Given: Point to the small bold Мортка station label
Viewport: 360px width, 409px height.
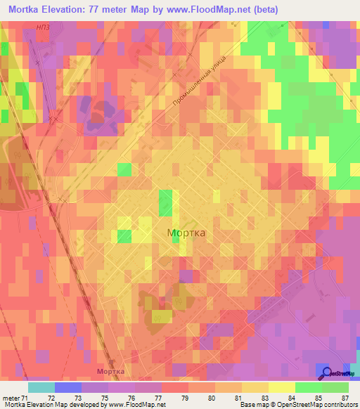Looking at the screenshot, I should click(110, 370).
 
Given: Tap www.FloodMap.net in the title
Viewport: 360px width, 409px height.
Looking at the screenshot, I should click(204, 10).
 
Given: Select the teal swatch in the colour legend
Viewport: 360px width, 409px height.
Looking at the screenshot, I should click(41, 387).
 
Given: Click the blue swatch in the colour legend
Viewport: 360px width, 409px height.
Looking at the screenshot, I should click(68, 387).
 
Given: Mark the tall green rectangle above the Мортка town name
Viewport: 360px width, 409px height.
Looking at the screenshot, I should click(166, 203).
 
